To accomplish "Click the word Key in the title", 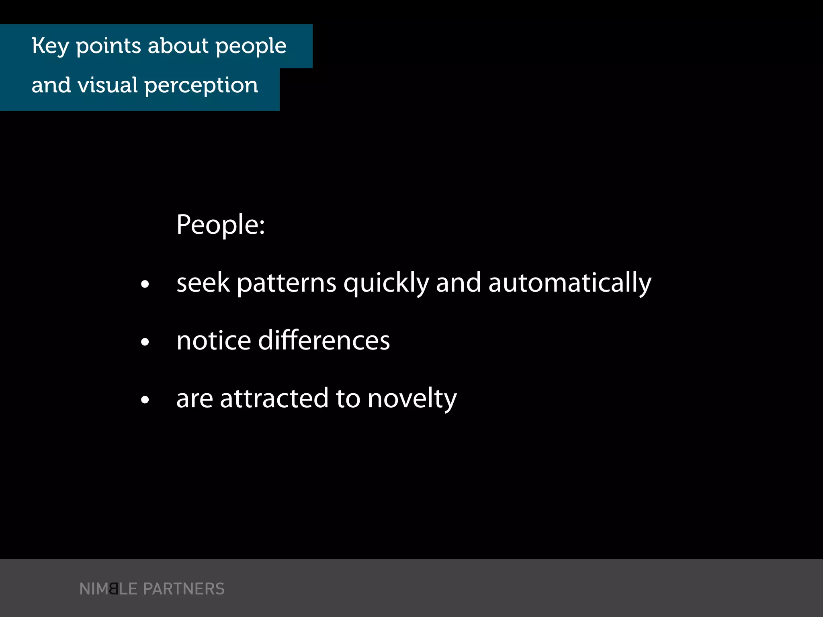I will point(50,46).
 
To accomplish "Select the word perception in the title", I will point(201,86).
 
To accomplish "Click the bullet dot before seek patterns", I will point(145,284).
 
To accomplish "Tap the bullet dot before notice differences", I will point(145,342).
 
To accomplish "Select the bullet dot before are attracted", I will point(145,400).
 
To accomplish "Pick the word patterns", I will point(287,283).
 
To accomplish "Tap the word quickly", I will point(386,283).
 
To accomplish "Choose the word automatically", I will point(569,283).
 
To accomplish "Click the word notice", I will point(214,341).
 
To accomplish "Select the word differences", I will point(324,341).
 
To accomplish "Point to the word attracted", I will point(274,398).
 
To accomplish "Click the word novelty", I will point(412,399).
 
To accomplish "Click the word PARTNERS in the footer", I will point(184,589).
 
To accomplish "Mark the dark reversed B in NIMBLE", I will point(114,589).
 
